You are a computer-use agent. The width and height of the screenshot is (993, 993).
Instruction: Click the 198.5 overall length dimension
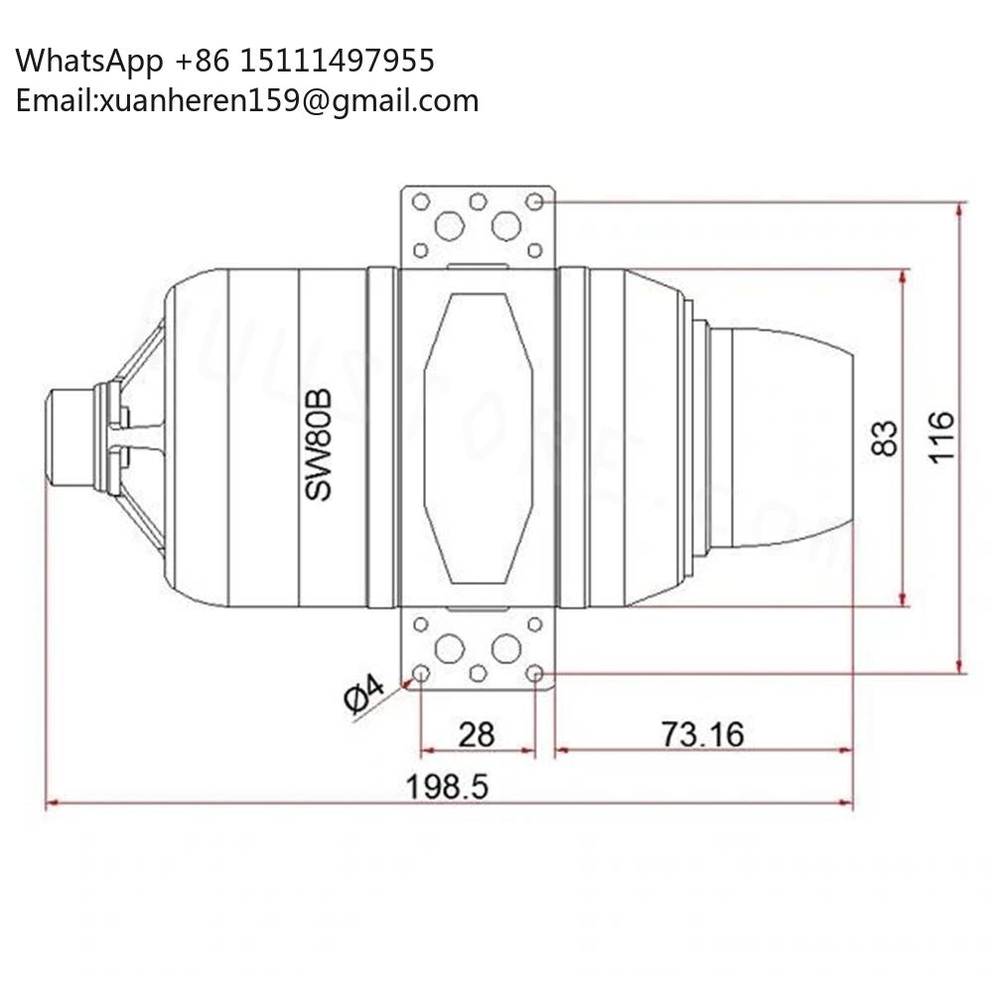447,786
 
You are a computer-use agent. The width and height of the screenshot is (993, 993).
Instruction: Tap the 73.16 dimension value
702,734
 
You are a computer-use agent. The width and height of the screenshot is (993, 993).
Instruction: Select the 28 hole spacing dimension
477,735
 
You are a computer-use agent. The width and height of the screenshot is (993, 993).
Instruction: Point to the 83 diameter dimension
885,438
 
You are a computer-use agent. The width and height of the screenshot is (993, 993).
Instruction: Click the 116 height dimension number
941,438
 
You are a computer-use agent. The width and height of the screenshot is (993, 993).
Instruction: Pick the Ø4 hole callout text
364,695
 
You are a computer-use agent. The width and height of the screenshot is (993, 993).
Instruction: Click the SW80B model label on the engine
318,445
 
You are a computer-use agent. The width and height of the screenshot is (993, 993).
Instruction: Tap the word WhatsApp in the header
89,62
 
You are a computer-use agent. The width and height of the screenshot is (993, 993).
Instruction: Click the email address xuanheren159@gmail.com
289,101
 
